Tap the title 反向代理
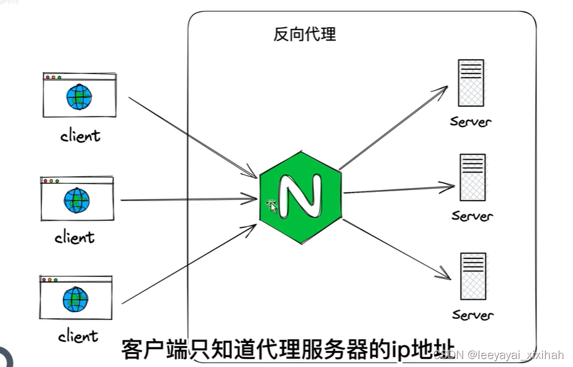click(x=305, y=34)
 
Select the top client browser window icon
click(x=79, y=95)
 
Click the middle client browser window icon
click(x=76, y=199)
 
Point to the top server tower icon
click(x=471, y=83)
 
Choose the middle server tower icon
click(x=472, y=177)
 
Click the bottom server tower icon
click(x=472, y=276)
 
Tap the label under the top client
click(x=80, y=135)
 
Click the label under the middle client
click(x=74, y=237)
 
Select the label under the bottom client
click(x=78, y=336)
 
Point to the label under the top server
click(x=471, y=121)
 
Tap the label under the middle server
click(x=472, y=216)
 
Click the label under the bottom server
click(x=473, y=315)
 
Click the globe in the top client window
click(x=79, y=97)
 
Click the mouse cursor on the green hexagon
click(x=271, y=207)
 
